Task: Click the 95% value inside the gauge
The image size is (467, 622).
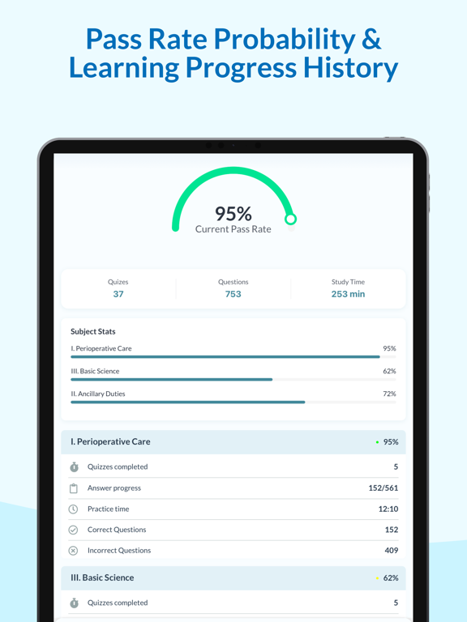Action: pyautogui.click(x=233, y=214)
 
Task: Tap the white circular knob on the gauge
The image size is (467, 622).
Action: pyautogui.click(x=291, y=219)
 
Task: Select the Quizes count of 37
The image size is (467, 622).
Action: pyautogui.click(x=118, y=294)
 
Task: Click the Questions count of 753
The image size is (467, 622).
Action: pyautogui.click(x=233, y=294)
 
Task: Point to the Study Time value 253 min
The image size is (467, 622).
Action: pyautogui.click(x=349, y=294)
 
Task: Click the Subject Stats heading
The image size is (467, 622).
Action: pyautogui.click(x=93, y=331)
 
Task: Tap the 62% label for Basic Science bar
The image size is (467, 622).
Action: pyautogui.click(x=389, y=371)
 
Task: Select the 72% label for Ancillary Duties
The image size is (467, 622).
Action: pyautogui.click(x=389, y=394)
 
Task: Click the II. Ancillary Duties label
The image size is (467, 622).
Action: pyautogui.click(x=97, y=394)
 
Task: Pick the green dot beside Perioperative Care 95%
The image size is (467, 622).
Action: pyautogui.click(x=377, y=442)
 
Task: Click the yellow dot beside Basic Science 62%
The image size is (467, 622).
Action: pyautogui.click(x=377, y=578)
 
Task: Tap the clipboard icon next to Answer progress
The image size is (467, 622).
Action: pyautogui.click(x=74, y=488)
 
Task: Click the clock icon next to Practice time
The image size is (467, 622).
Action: pyautogui.click(x=73, y=509)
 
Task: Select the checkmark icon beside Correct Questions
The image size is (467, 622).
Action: pyautogui.click(x=73, y=530)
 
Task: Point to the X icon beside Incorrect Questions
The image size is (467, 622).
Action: pyautogui.click(x=73, y=551)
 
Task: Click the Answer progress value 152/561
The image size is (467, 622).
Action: pyautogui.click(x=383, y=488)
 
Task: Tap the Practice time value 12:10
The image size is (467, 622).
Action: pyautogui.click(x=388, y=509)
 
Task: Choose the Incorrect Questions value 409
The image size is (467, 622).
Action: pyautogui.click(x=391, y=551)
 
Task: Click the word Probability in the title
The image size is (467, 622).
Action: pyautogui.click(x=285, y=39)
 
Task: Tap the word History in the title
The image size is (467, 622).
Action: pyautogui.click(x=350, y=67)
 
